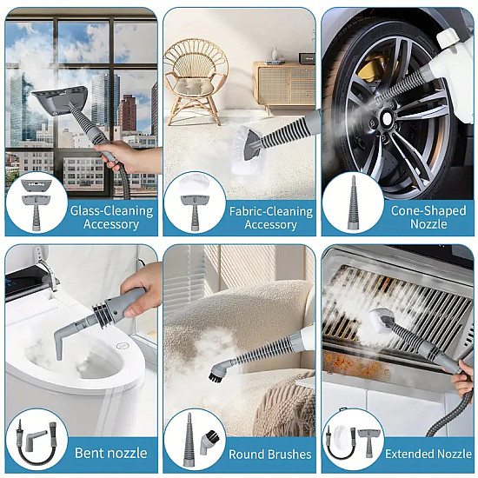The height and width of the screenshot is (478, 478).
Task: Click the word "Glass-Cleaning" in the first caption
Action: pos(111,211)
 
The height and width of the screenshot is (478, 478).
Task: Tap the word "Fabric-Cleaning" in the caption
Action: pos(271,211)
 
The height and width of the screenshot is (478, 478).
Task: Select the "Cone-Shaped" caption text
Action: pos(428,211)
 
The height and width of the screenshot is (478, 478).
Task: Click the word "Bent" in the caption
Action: pos(87,453)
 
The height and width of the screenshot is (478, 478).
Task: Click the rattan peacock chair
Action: pos(196,82)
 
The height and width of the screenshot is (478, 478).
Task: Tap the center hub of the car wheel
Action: pos(387,118)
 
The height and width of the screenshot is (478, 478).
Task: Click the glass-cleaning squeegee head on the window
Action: pos(60,99)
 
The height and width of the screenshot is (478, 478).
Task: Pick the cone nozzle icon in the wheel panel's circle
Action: pos(353,202)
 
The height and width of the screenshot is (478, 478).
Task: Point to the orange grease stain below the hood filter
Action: pos(356,363)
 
